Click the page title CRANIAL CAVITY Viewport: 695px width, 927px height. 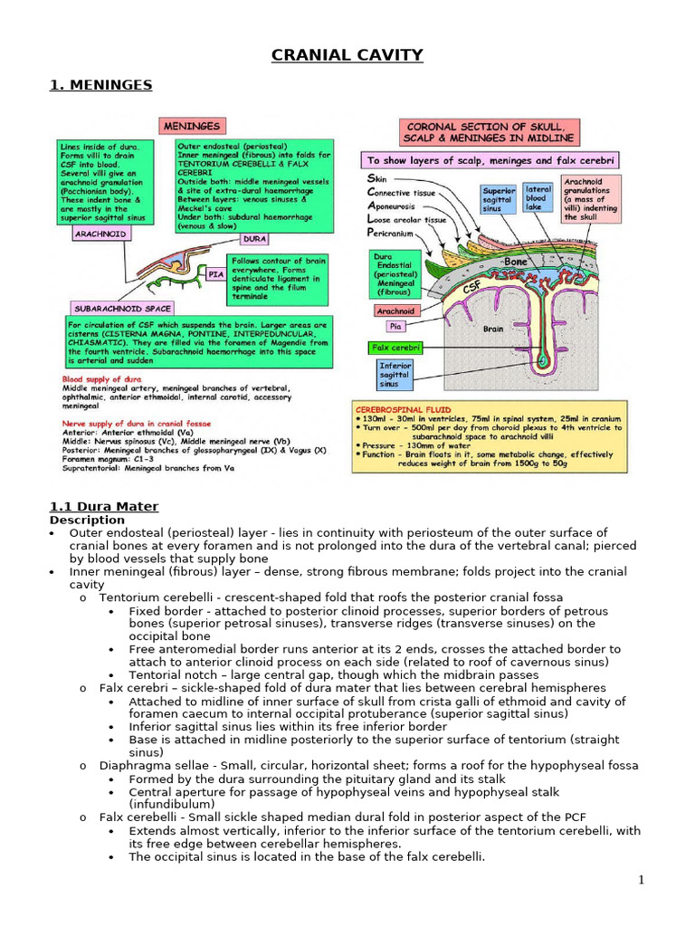click(x=347, y=55)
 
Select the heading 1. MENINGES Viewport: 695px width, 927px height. click(x=100, y=86)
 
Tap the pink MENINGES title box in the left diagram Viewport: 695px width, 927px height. click(x=192, y=127)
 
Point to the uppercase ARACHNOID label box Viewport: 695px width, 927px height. click(x=100, y=234)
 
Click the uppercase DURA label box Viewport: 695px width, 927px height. click(x=253, y=240)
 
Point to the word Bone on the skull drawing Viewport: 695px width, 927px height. click(x=516, y=262)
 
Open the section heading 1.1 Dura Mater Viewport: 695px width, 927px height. click(x=104, y=507)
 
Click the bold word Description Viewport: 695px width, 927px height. click(x=87, y=521)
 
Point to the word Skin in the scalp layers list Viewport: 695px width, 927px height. click(x=376, y=179)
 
